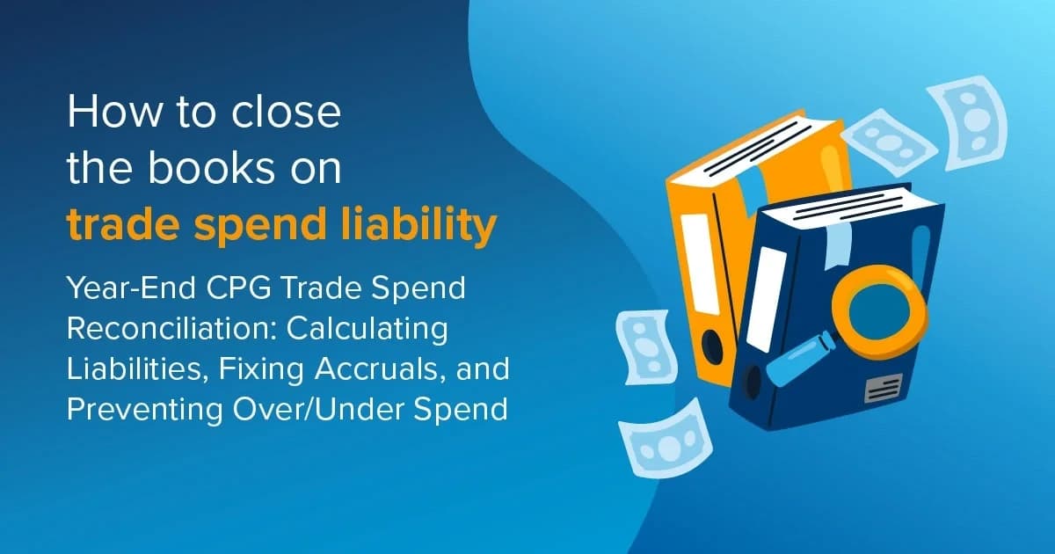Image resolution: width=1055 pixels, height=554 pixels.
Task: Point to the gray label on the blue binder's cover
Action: pos(883,387)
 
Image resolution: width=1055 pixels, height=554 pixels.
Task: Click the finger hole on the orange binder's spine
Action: pos(711,348)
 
